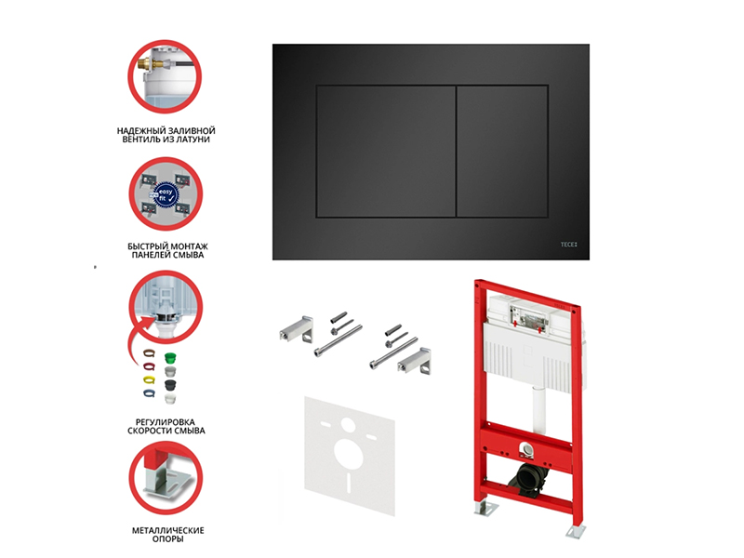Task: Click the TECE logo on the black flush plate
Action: point(568,245)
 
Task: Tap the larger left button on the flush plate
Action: point(386,152)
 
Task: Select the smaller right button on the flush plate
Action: point(502,152)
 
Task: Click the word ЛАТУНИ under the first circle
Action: point(193,139)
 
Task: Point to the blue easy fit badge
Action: point(165,195)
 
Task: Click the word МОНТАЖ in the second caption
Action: point(189,246)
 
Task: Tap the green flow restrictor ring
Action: point(170,358)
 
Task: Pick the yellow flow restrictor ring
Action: point(150,379)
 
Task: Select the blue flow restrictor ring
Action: point(150,392)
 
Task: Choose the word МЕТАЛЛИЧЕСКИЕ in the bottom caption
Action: point(168,530)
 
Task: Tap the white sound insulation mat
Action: point(350,456)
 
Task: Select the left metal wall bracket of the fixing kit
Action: point(295,328)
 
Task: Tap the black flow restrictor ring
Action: point(170,384)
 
